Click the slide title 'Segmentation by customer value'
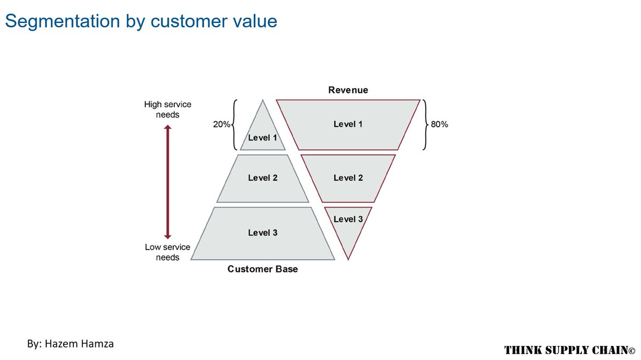coord(141,21)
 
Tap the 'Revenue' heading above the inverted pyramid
coord(348,90)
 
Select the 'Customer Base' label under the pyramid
coord(262,269)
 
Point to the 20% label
coord(222,124)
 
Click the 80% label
coord(440,124)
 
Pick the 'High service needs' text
coord(167,109)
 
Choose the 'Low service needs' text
coord(167,252)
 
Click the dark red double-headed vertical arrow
coord(167,182)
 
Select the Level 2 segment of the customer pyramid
coord(262,178)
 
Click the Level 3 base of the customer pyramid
coord(262,233)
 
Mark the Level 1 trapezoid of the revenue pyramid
coord(348,124)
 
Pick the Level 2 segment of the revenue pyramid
coord(348,178)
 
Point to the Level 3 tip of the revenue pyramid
coord(348,230)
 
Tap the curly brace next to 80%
coord(425,124)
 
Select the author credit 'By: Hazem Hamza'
coord(71,343)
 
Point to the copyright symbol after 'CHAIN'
coord(631,351)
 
